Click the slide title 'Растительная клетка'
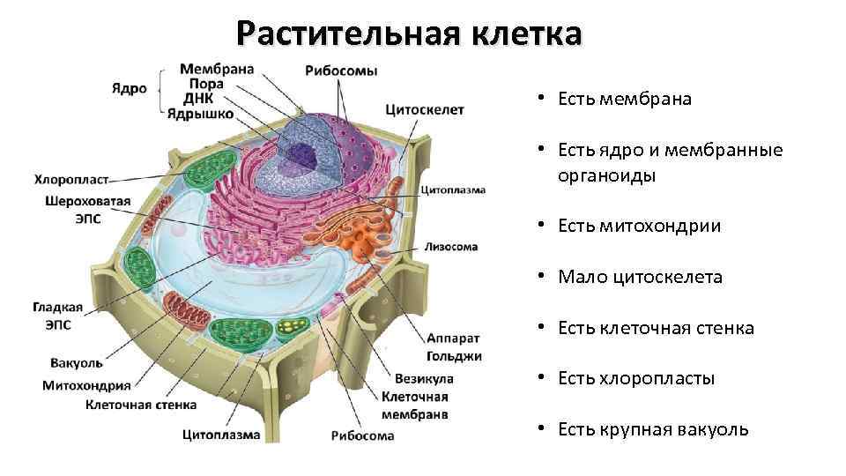(x=409, y=34)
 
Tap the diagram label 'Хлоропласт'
(x=71, y=180)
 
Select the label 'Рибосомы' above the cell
(x=341, y=71)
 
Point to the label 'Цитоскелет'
(x=425, y=110)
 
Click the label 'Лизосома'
(x=451, y=247)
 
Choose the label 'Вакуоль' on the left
(x=78, y=362)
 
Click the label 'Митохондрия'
(x=86, y=384)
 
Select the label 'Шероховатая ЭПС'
(x=88, y=209)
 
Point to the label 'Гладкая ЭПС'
(x=58, y=316)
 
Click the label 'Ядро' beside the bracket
(x=129, y=89)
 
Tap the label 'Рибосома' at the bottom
(x=362, y=435)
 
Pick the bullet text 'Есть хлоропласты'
(x=635, y=379)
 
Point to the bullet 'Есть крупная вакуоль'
(x=653, y=430)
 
